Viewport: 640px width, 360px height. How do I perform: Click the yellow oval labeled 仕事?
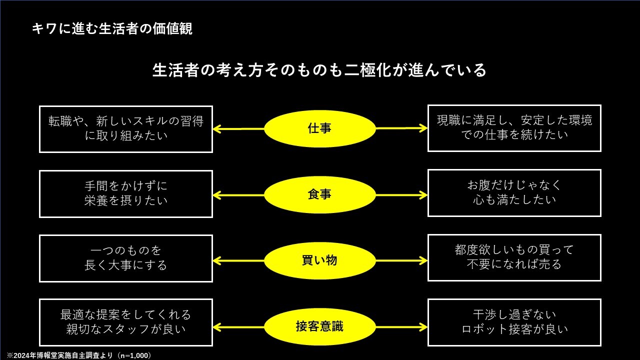[319, 128]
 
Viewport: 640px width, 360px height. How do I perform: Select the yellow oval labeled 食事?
[319, 194]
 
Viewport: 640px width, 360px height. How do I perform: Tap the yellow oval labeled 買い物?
[319, 260]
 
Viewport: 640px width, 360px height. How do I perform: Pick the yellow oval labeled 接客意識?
[319, 327]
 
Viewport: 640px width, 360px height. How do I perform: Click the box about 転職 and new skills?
[126, 128]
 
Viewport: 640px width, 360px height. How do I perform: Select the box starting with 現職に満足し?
[514, 128]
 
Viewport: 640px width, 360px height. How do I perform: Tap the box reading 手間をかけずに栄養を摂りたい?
[126, 193]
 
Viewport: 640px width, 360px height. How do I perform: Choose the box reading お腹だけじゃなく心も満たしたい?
[514, 193]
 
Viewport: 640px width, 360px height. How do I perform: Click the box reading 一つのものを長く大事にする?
[126, 258]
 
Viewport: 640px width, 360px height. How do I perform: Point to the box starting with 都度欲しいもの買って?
[514, 257]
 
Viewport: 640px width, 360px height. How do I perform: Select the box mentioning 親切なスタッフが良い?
[126, 322]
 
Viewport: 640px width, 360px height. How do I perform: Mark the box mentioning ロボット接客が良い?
[514, 322]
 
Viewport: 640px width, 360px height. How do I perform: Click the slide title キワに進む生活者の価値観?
[112, 28]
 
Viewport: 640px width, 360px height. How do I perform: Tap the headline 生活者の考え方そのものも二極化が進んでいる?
[319, 70]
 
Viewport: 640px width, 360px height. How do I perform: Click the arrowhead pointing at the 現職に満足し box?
[423, 128]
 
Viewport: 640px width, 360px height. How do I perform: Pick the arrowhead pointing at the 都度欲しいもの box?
[423, 260]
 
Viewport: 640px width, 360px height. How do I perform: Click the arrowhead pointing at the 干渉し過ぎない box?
[423, 327]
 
